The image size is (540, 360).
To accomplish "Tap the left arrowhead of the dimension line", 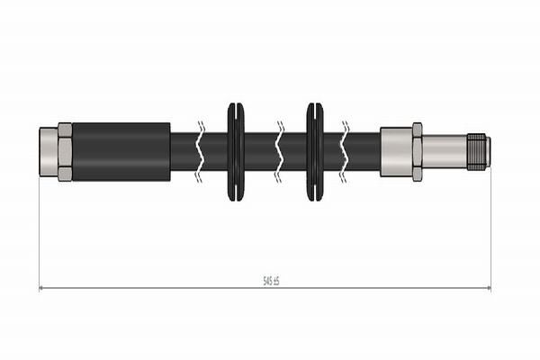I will tap(43, 288).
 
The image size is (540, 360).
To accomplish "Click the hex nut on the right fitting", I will tap(417, 151).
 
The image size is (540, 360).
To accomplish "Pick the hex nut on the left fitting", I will tap(65, 151).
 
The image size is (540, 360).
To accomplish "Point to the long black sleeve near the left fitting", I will tap(121, 151).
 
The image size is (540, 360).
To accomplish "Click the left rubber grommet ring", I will tap(235, 151).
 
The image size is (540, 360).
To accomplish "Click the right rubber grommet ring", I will tap(314, 151).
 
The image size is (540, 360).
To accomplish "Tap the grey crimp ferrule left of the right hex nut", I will tap(395, 151).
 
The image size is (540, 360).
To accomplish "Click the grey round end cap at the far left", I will tap(49, 151).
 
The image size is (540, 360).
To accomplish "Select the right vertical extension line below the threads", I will tap(490, 225).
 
